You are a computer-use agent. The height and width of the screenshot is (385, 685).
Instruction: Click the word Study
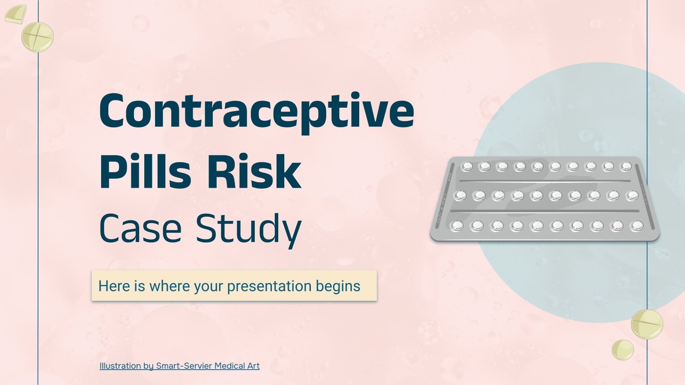click(x=248, y=229)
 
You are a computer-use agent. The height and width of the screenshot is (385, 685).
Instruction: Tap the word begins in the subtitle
click(x=338, y=286)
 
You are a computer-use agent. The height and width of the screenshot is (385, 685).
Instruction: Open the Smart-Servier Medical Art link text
click(x=208, y=366)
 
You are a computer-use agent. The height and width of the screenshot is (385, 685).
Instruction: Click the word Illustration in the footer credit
click(x=120, y=366)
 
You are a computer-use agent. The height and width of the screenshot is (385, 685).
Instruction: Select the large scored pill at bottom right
click(x=647, y=324)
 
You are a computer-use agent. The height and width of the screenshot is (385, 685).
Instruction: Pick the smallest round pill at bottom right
click(x=622, y=349)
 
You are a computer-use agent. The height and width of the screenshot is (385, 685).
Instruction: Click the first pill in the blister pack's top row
click(x=466, y=166)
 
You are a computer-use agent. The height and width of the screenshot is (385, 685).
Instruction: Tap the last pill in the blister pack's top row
click(x=626, y=166)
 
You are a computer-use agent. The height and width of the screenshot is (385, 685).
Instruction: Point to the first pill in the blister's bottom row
click(x=457, y=225)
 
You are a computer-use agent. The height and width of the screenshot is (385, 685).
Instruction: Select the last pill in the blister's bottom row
click(x=637, y=225)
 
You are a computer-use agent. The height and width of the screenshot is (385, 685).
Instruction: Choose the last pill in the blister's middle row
click(x=632, y=195)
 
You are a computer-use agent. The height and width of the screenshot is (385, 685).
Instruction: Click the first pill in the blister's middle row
click(x=461, y=195)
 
